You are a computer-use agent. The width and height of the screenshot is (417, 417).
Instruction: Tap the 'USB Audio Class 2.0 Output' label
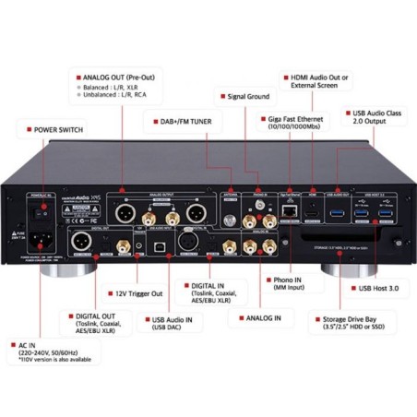point(373,118)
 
